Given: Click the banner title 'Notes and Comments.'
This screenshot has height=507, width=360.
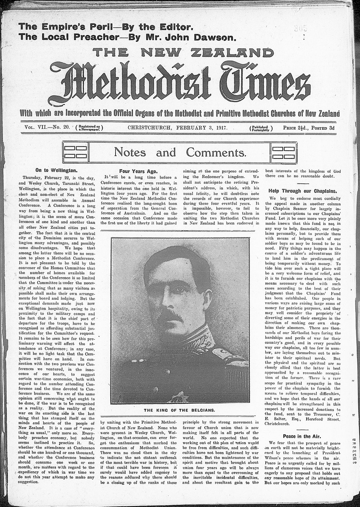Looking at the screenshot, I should (x=180, y=152).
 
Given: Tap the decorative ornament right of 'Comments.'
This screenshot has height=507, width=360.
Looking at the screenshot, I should (x=283, y=152).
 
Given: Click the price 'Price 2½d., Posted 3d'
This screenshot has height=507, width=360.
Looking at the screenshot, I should (x=309, y=128).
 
